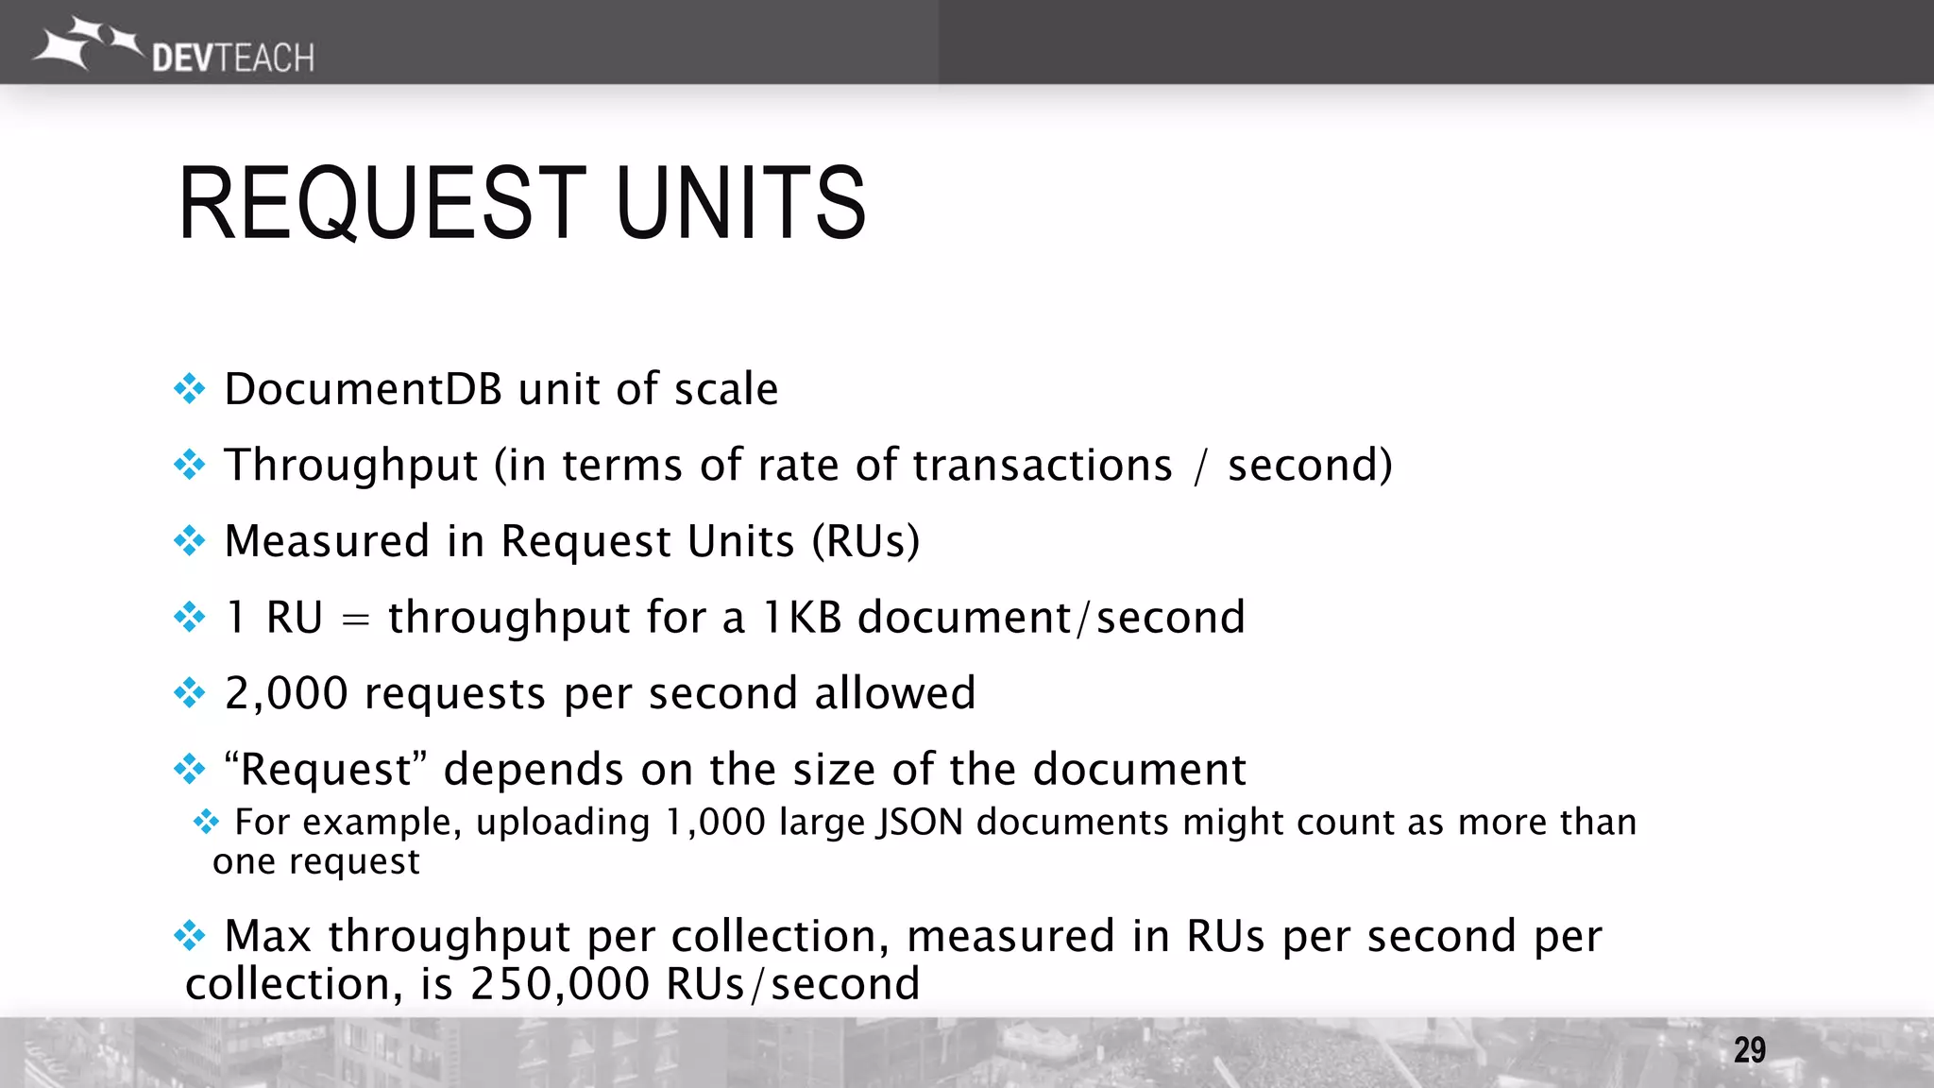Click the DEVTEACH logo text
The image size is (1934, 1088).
click(x=232, y=59)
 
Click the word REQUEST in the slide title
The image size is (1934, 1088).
click(x=382, y=203)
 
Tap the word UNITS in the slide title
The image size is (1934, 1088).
click(x=740, y=203)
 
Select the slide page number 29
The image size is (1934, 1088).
click(x=1749, y=1050)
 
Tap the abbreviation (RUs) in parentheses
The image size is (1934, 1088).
click(x=866, y=542)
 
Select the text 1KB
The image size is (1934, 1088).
click(x=801, y=619)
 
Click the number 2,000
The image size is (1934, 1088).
click(x=286, y=694)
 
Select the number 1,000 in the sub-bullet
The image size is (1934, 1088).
click(x=715, y=823)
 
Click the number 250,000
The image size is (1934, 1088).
click(x=560, y=985)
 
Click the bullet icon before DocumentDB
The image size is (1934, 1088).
click(x=190, y=389)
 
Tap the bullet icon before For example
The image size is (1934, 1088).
click(x=206, y=822)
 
